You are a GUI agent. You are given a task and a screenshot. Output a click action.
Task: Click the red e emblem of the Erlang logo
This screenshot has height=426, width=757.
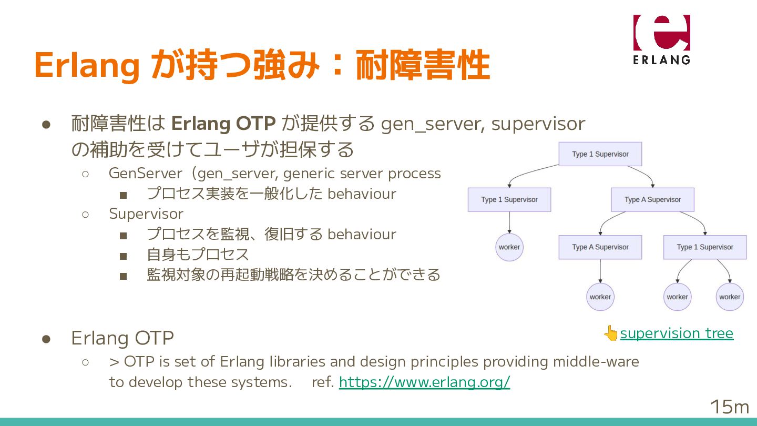[661, 33]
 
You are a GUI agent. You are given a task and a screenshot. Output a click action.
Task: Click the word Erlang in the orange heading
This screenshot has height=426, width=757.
[87, 65]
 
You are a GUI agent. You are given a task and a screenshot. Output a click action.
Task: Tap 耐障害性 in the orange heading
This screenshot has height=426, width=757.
[423, 65]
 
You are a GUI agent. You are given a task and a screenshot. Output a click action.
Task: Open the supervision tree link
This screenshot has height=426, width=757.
[677, 333]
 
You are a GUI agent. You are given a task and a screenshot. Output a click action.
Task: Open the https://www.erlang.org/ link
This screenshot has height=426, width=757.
[424, 382]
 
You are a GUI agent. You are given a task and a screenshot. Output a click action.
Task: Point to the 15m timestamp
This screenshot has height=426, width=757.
[729, 407]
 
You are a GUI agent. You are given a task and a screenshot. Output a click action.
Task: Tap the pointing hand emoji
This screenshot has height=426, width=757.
[611, 333]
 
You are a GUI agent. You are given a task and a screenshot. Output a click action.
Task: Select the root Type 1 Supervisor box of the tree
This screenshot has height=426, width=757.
[600, 154]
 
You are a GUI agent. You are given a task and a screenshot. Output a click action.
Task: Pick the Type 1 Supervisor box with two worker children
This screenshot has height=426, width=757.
[704, 247]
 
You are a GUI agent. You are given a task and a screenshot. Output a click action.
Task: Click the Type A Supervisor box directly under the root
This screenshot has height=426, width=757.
[652, 200]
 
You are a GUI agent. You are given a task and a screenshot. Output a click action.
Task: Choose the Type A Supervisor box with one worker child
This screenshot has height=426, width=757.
[600, 247]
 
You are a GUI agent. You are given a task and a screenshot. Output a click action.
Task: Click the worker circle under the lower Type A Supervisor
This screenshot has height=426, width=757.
[600, 297]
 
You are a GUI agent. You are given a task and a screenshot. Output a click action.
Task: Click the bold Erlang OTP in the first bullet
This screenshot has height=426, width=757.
[223, 124]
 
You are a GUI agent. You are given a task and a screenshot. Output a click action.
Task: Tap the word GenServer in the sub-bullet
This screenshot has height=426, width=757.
[145, 173]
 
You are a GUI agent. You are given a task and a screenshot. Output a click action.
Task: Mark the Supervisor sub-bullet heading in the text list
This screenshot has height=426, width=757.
[146, 214]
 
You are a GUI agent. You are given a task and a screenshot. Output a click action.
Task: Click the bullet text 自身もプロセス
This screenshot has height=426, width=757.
[198, 255]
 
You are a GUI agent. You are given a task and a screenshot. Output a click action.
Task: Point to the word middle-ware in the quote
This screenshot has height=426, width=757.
[596, 362]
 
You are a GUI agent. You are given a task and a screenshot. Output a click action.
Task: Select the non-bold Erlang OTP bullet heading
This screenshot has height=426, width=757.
[122, 338]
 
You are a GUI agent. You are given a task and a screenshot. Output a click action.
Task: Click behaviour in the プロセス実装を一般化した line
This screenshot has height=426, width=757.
[362, 194]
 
